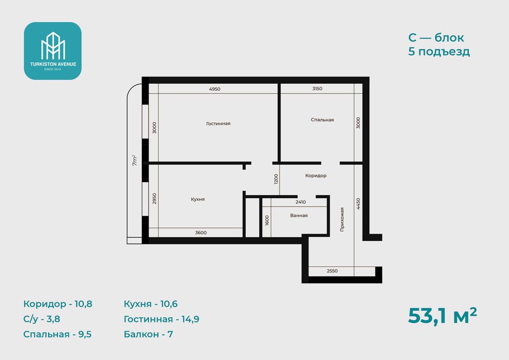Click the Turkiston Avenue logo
tap(52, 51)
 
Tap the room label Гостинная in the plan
tap(218, 123)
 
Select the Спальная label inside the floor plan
tap(322, 120)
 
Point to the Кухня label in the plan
tap(198, 200)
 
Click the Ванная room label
tap(299, 215)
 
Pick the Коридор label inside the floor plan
tap(316, 175)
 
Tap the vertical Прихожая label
tap(342, 220)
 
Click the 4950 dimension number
tap(214, 89)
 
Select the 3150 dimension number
tap(317, 88)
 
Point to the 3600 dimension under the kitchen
tap(201, 232)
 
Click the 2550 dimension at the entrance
tap(332, 271)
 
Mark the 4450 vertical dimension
tap(358, 204)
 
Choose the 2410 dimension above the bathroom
tap(301, 202)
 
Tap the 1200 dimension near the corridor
tap(276, 179)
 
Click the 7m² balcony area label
tap(135, 160)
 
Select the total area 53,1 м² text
tap(443, 316)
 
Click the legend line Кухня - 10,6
tap(151, 304)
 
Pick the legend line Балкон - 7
tap(149, 334)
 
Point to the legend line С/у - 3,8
tap(42, 319)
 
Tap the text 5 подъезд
tap(439, 51)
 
